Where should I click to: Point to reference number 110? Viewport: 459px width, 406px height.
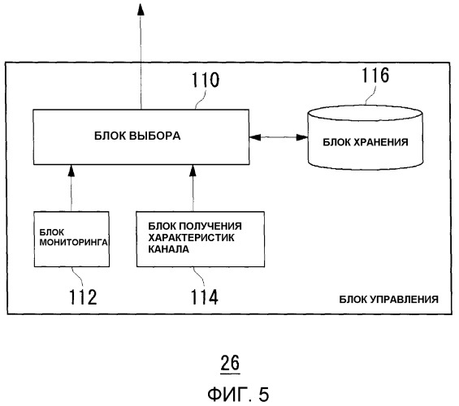[206, 80]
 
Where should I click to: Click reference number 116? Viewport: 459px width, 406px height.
[375, 76]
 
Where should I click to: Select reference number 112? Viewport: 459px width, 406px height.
[83, 297]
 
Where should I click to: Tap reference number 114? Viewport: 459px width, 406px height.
[205, 297]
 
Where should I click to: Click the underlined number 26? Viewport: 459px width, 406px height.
[230, 363]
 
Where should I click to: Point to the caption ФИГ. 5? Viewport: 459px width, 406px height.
[238, 394]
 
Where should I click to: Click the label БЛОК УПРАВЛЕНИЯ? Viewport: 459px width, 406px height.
[389, 300]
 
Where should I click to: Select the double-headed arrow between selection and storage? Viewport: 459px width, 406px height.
[279, 137]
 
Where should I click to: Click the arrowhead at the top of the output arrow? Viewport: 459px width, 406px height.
[141, 9]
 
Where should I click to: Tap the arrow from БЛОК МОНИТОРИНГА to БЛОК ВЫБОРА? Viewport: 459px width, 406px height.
[71, 188]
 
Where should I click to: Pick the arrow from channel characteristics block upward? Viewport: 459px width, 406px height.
[193, 188]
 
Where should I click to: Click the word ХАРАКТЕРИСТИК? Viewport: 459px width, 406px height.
[191, 238]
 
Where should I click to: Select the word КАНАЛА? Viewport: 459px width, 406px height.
[169, 249]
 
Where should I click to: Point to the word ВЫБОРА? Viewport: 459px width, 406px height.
[155, 136]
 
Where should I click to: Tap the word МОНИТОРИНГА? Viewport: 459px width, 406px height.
[74, 243]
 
